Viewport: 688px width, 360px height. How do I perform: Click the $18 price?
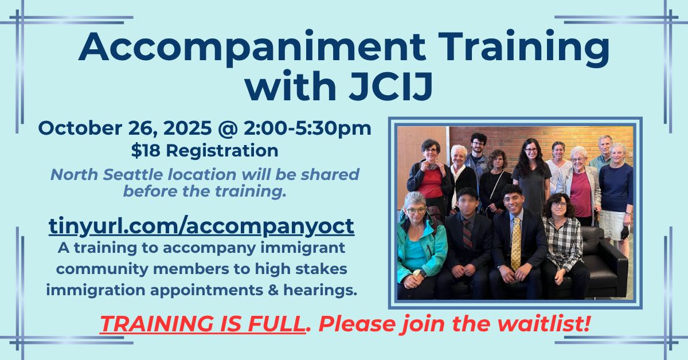point(142,151)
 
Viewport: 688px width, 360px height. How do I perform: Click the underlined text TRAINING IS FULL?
point(201,325)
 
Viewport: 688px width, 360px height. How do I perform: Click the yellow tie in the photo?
point(516,243)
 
